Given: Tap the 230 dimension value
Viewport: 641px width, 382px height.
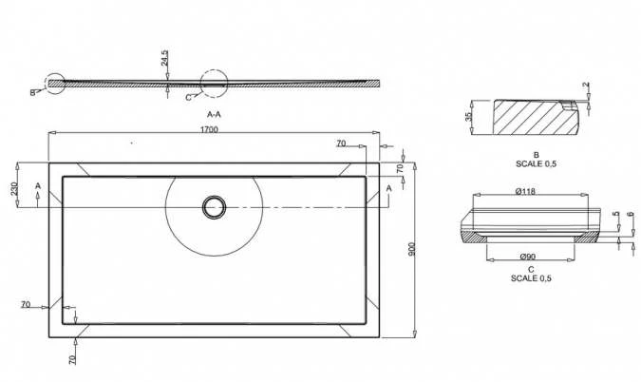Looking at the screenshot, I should coord(14,188).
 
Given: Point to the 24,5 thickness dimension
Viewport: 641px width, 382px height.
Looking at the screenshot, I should coord(164,60).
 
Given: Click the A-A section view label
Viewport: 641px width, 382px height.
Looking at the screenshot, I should coord(214,114).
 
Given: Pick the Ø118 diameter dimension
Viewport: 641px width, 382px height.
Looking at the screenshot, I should coord(525,193).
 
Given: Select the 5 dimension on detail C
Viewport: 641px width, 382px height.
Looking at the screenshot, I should coord(615,216).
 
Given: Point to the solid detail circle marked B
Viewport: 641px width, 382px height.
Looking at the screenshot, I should coord(54,86).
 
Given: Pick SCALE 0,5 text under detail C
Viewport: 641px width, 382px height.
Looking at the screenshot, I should coord(530,278).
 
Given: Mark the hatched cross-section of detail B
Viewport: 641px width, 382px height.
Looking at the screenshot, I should coord(527,121).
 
